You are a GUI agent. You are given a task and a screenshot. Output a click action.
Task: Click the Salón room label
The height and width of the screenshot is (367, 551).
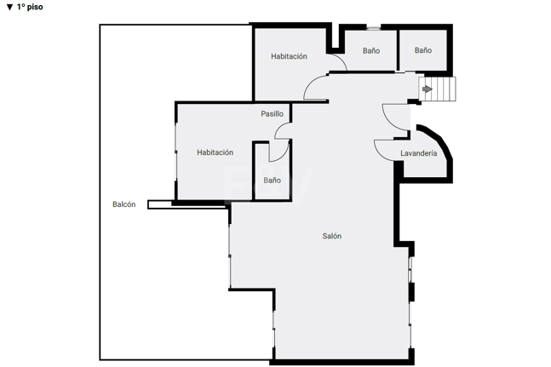click(332, 236)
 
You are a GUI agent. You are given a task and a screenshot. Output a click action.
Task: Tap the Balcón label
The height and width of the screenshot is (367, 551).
click(124, 204)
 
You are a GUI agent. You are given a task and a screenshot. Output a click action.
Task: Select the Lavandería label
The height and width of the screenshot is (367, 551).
click(418, 153)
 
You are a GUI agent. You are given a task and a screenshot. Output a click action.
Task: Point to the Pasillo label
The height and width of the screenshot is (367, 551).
click(272, 114)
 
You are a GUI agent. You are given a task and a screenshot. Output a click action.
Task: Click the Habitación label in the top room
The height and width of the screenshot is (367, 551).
click(289, 56)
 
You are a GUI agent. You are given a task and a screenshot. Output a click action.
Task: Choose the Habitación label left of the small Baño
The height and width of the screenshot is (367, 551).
click(215, 152)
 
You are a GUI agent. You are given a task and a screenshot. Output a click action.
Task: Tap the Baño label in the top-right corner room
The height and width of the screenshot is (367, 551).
click(423, 50)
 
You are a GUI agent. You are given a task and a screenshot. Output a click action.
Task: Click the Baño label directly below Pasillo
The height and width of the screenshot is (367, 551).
click(272, 181)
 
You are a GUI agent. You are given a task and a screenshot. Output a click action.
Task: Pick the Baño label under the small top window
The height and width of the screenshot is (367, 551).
click(371, 50)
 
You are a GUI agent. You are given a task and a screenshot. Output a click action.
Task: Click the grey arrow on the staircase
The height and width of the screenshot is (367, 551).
click(428, 89)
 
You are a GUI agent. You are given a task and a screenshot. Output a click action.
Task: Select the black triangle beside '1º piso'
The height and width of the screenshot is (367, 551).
click(10, 7)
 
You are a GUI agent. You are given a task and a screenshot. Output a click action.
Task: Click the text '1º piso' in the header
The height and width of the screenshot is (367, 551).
click(30, 7)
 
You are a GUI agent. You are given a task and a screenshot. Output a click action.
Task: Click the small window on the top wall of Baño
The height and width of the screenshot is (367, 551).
click(373, 28)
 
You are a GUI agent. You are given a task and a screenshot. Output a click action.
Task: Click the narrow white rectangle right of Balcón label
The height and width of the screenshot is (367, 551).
click(187, 204)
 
